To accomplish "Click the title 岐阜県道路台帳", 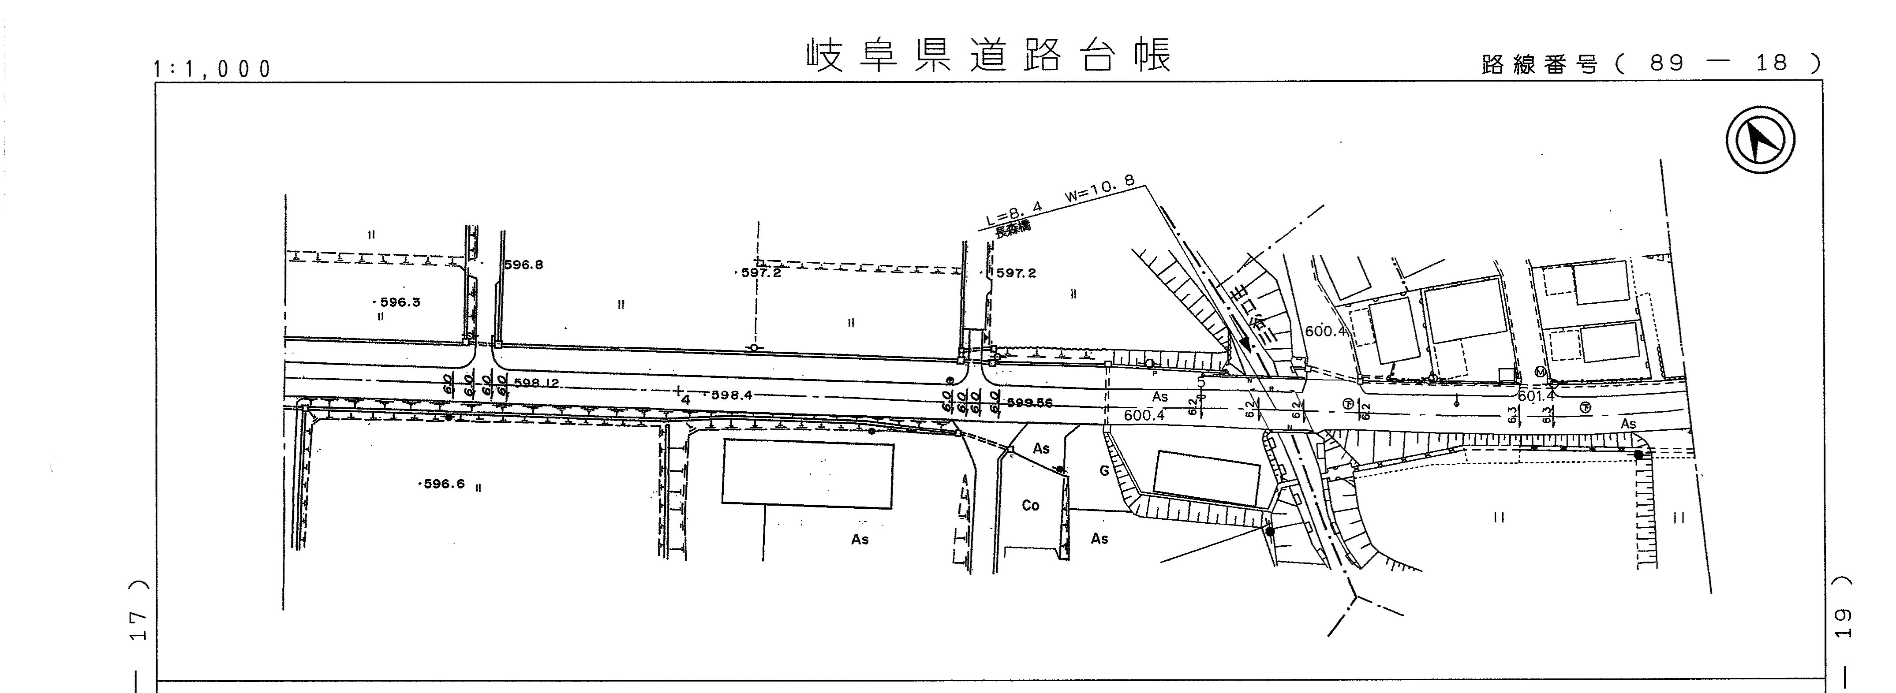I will (988, 56).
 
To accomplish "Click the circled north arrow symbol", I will (1760, 140).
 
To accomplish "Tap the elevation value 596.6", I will (443, 484).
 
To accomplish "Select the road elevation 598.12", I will (537, 383).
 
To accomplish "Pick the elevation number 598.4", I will (731, 395).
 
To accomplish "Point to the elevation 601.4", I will (1536, 396).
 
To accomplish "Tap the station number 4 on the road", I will (685, 400).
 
